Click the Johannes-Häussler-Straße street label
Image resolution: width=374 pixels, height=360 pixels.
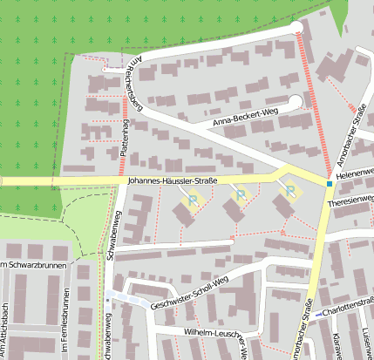172,180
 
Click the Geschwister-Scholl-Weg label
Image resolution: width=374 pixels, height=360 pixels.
188,292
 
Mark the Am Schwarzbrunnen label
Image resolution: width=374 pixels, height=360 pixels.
31,265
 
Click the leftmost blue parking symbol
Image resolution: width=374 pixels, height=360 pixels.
192,200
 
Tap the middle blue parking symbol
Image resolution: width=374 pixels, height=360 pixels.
241,194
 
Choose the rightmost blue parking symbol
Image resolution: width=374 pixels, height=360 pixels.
289,191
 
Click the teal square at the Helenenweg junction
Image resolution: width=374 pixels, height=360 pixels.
329,183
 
